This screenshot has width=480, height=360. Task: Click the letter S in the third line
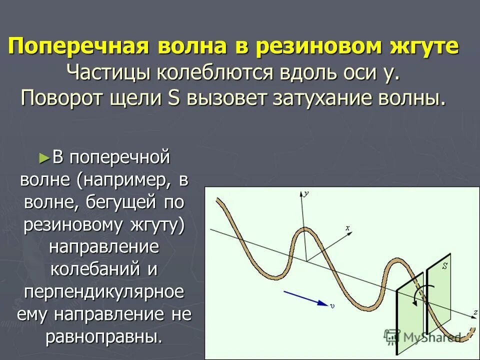tap(174, 97)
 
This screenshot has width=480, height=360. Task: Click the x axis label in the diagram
tap(347, 228)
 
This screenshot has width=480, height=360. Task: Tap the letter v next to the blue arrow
tap(332, 305)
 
